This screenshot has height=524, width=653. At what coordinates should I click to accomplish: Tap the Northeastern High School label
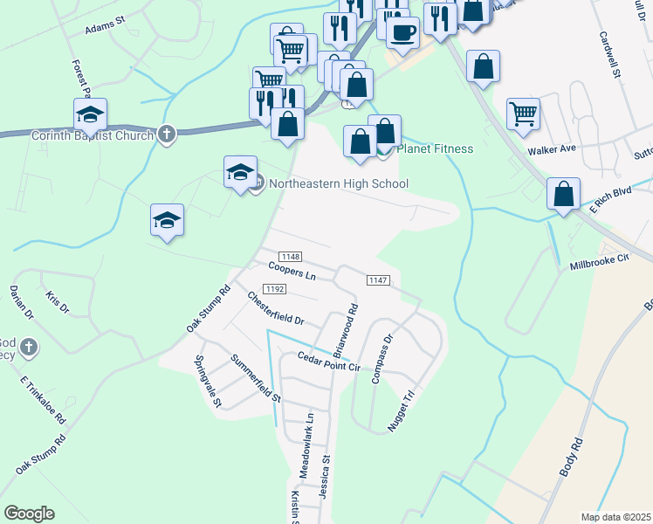pos(338,183)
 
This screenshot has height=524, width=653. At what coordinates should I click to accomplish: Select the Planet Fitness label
pos(435,148)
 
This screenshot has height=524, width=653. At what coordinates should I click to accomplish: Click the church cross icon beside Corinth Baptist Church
pos(166,134)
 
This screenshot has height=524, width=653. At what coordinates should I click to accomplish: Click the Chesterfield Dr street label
pos(275,307)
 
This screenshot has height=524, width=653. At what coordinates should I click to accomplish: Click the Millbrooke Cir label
pos(599,260)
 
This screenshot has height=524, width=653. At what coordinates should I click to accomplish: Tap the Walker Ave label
pos(552,149)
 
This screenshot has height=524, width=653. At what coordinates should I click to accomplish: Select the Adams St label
pos(106,29)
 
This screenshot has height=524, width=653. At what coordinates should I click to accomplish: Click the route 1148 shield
pos(292,256)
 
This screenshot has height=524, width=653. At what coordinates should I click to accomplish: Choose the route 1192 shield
pos(276,288)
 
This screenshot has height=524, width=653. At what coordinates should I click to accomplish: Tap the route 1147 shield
pos(378,279)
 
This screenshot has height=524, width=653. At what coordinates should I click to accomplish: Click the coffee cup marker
pos(402,33)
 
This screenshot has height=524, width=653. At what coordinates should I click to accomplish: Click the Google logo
pos(30,513)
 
